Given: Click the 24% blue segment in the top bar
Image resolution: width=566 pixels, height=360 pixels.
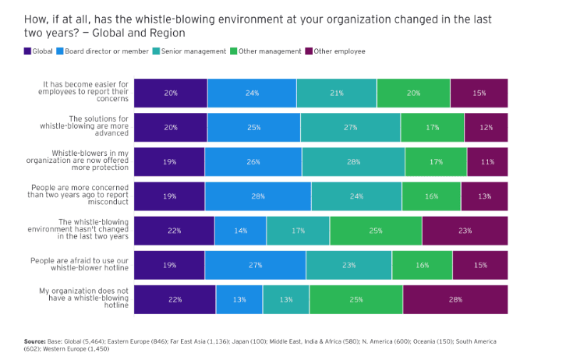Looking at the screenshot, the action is (x=252, y=93).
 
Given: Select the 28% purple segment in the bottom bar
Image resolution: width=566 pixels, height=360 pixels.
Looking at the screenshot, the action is (x=455, y=299).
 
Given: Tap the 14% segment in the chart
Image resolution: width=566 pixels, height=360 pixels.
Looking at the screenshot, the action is (x=240, y=231).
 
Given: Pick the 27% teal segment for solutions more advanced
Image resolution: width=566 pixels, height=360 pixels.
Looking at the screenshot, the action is (x=350, y=127).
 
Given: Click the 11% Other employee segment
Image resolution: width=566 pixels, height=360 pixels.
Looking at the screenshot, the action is (x=487, y=161).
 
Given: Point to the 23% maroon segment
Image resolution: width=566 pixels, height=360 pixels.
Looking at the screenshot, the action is (x=465, y=231).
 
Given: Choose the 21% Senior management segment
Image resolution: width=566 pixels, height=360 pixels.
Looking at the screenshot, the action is (x=337, y=93).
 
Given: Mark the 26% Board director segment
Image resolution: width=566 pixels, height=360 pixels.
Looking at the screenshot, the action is (x=253, y=161).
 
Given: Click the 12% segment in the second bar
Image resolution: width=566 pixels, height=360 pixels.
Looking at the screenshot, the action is (x=486, y=127).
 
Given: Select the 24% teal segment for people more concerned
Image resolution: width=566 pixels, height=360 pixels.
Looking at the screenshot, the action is (x=356, y=196).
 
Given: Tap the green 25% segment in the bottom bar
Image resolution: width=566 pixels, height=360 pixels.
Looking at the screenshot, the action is (x=356, y=299).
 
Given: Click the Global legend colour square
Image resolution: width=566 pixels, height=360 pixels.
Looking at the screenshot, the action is (x=27, y=51).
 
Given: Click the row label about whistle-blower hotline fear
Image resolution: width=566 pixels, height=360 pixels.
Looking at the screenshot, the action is (x=80, y=264).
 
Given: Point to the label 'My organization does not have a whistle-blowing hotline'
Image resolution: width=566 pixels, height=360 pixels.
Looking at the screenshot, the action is (x=83, y=298).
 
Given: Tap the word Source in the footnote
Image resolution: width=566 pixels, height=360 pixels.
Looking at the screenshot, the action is (x=35, y=341).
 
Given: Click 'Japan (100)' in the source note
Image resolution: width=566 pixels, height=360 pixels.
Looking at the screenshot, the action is (x=249, y=341).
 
